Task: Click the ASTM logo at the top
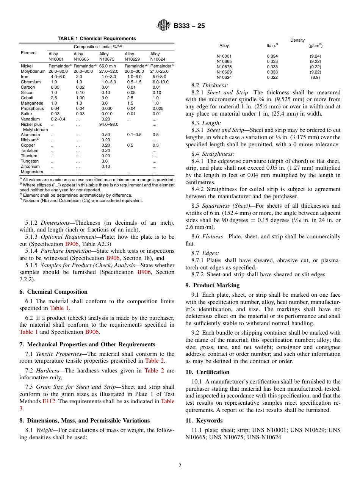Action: (x=164, y=26)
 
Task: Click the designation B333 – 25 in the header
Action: (x=189, y=26)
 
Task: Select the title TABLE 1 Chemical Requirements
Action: (x=97, y=39)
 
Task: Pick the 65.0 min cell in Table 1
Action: (x=108, y=66)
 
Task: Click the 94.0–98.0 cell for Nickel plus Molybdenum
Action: (x=110, y=124)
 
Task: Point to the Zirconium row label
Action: (x=30, y=166)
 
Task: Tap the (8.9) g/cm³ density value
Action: (x=315, y=77)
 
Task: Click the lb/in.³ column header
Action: (x=272, y=45)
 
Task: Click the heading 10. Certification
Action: (x=207, y=372)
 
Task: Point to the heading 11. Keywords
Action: (x=204, y=421)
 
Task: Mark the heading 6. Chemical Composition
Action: (x=53, y=292)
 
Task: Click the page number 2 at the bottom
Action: (x=180, y=466)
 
